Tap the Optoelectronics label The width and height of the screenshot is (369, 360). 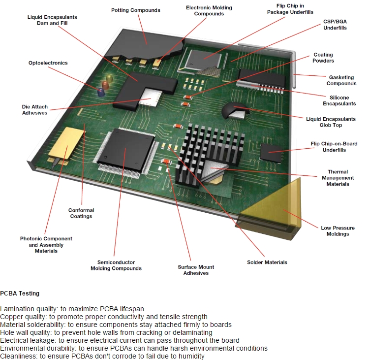48,63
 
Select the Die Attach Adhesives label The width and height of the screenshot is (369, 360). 34,109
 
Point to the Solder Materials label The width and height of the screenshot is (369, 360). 267,262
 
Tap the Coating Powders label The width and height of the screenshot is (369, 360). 323,58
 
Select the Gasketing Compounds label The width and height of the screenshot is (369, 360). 341,80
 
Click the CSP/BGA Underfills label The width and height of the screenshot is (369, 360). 335,25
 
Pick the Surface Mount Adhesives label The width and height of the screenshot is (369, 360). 196,270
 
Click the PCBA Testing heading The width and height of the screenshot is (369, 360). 20,294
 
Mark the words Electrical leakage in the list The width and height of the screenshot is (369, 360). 28,340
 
